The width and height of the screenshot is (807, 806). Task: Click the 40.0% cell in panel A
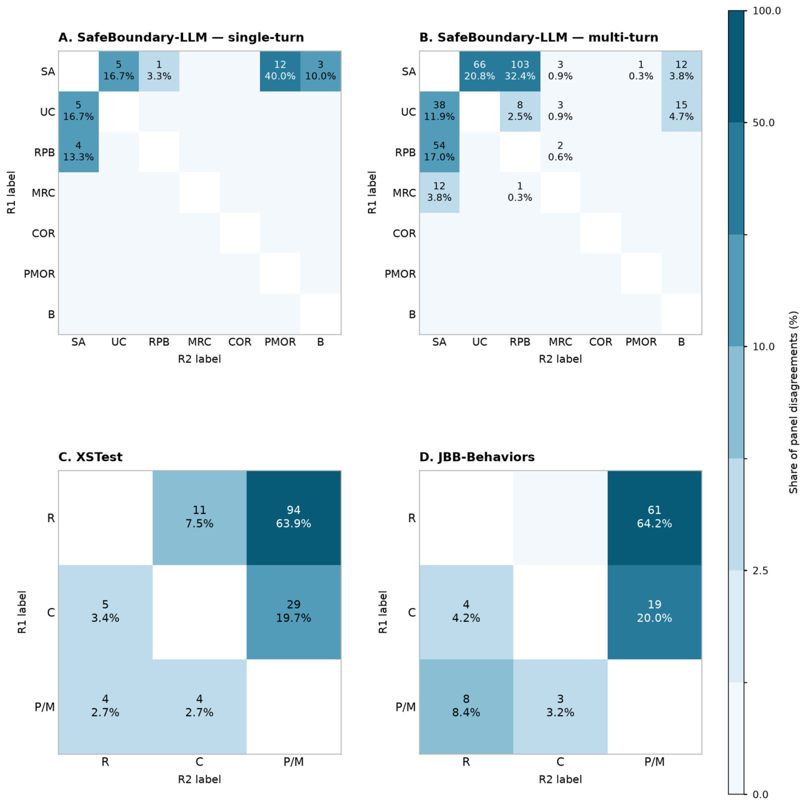coord(280,71)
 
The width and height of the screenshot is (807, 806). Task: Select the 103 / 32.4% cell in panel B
coord(520,71)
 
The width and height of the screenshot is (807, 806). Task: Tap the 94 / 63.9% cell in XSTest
coord(294,517)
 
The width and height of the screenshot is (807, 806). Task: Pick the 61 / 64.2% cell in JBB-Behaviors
coord(654,517)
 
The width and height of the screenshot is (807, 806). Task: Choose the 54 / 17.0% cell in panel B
coord(439,151)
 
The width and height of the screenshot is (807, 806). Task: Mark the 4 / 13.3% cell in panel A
coord(78,151)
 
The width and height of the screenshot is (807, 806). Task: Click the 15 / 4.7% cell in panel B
coord(681,111)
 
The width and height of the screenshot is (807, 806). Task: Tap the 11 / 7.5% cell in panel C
coord(199,517)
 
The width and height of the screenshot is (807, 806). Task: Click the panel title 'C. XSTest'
coord(90,456)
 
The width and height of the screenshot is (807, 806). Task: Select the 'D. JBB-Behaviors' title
coord(477,456)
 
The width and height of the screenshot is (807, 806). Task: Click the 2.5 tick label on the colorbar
coord(760,570)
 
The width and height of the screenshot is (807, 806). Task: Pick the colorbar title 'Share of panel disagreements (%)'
coord(793,402)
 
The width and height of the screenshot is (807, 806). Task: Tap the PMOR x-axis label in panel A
coord(280,342)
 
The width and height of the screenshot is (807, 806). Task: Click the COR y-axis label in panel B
coord(404,233)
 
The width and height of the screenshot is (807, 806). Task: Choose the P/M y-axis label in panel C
coord(45,707)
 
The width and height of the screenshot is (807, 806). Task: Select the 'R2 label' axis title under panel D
coord(561,779)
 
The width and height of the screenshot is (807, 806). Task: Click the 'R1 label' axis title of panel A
coord(11,192)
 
